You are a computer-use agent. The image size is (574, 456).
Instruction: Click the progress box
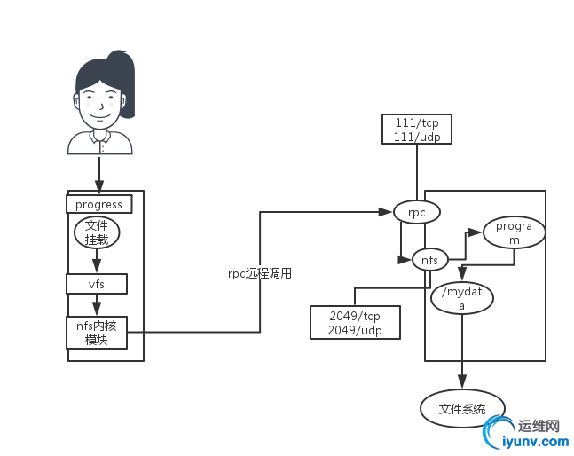(x=98, y=204)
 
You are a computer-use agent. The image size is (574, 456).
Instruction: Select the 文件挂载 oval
(x=96, y=232)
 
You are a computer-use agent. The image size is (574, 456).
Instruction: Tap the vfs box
(x=96, y=284)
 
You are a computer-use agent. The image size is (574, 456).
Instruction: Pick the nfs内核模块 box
(x=96, y=333)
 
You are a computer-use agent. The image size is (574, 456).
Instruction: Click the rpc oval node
(x=417, y=212)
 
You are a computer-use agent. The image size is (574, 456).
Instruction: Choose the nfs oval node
(x=429, y=260)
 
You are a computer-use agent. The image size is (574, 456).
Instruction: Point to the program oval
(x=514, y=233)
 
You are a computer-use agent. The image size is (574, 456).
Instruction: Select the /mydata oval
(x=460, y=298)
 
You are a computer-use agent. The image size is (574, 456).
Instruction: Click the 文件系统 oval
(x=462, y=409)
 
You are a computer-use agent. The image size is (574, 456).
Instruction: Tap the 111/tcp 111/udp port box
(x=416, y=129)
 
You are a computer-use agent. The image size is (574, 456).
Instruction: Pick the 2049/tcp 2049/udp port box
(x=355, y=321)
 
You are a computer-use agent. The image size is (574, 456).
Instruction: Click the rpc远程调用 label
(x=260, y=273)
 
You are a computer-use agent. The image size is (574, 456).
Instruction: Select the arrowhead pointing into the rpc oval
(x=388, y=212)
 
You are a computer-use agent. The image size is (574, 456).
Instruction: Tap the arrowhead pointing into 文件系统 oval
(x=462, y=382)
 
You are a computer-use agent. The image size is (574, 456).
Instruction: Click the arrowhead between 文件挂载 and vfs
(x=96, y=265)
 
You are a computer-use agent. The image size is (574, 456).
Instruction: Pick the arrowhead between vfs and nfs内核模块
(x=96, y=310)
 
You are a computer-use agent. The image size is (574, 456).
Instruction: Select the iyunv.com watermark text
(x=532, y=441)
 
